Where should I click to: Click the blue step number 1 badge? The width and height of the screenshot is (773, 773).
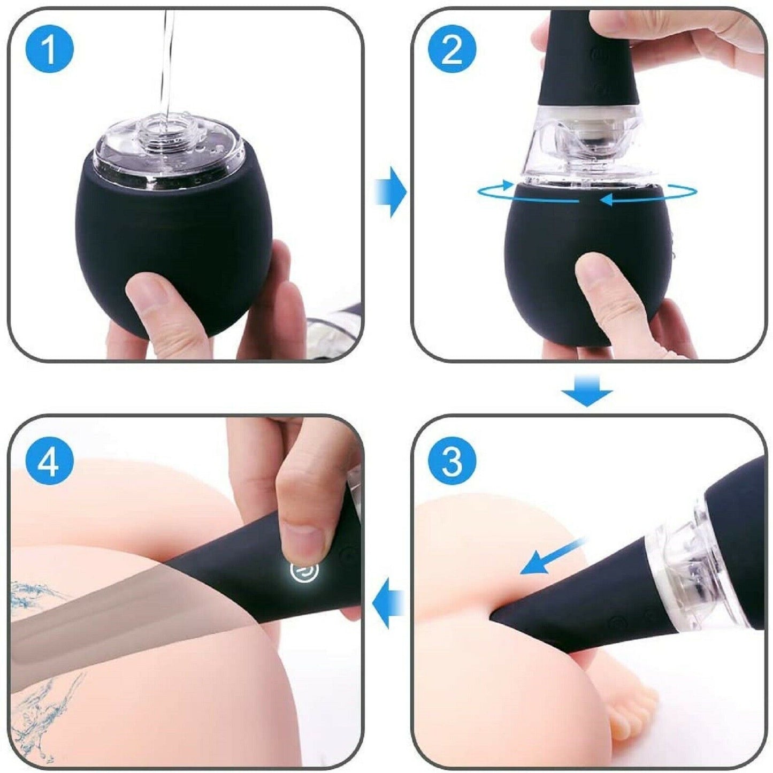click(49, 49)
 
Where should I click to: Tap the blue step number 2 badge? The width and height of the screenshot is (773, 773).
click(452, 49)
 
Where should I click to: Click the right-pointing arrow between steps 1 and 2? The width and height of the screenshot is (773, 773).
click(391, 192)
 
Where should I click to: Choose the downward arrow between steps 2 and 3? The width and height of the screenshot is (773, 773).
click(586, 391)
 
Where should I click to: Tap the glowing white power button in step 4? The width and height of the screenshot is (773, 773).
click(304, 570)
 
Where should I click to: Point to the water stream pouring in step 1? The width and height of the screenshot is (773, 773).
click(167, 59)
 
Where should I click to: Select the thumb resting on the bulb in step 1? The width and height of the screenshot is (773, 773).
click(160, 310)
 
